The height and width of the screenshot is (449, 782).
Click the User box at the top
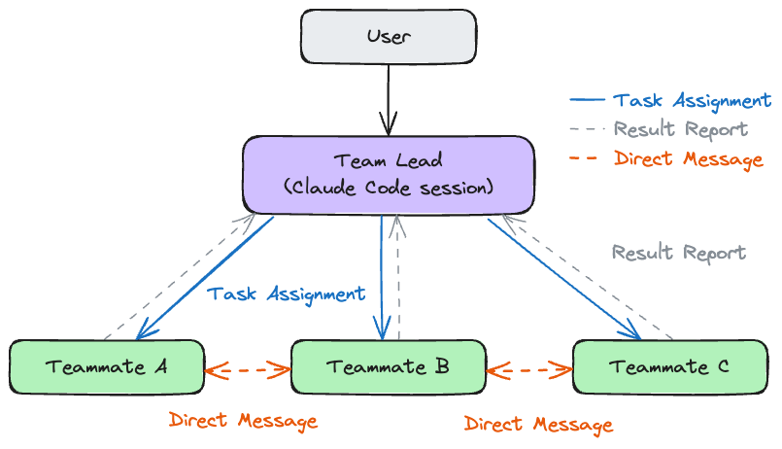tap(389, 37)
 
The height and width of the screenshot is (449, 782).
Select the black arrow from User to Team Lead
tap(389, 97)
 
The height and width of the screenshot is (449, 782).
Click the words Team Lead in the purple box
tap(388, 160)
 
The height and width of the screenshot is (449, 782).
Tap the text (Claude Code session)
tap(388, 187)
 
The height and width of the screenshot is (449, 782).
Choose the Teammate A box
tap(106, 366)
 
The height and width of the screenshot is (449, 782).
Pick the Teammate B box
tap(388, 366)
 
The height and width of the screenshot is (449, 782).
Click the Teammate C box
tap(669, 366)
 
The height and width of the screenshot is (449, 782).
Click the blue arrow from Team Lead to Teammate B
tap(383, 277)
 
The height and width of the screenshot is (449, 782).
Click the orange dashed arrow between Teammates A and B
tap(248, 369)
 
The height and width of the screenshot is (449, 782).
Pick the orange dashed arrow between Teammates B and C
tap(529, 369)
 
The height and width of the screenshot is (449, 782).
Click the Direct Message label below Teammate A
tap(243, 421)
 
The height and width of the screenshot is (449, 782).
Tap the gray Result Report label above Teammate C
tap(678, 253)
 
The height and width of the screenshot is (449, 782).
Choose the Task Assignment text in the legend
tap(692, 100)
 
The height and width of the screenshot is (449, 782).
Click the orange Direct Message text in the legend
tap(688, 159)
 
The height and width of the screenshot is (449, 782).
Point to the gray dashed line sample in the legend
tap(585, 129)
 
